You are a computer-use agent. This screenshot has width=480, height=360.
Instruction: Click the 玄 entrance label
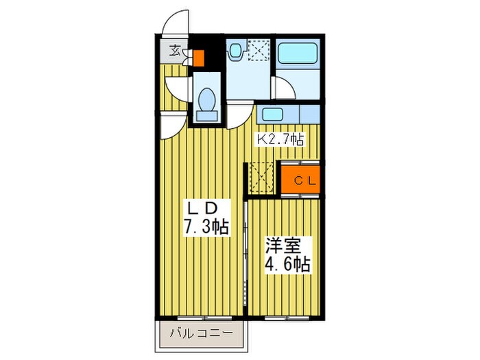[175, 51]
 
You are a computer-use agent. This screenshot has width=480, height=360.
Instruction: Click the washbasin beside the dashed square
[237, 50]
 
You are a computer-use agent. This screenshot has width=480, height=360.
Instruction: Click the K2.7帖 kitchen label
[280, 139]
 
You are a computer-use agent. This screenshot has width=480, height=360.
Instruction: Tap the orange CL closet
[300, 180]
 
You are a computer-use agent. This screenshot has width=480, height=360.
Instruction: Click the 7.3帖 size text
[205, 226]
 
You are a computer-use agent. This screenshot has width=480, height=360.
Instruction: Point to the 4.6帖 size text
[287, 264]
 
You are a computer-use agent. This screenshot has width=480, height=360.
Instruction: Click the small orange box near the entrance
[198, 58]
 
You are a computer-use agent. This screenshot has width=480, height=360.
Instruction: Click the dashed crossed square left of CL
[261, 176]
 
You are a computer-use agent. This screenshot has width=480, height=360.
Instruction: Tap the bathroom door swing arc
[281, 87]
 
